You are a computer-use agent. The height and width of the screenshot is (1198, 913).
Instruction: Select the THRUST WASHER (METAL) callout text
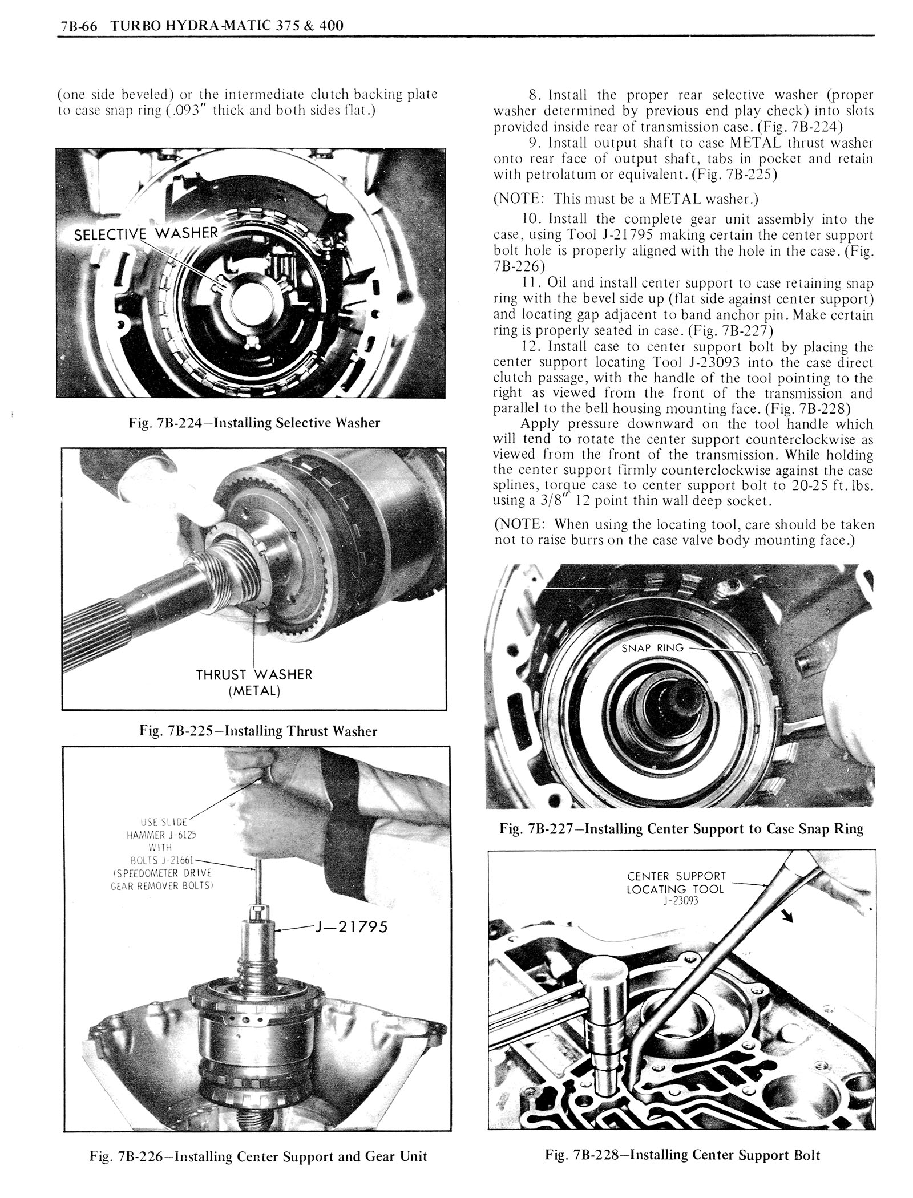(x=254, y=682)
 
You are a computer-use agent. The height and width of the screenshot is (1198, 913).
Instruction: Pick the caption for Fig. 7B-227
(x=681, y=828)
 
